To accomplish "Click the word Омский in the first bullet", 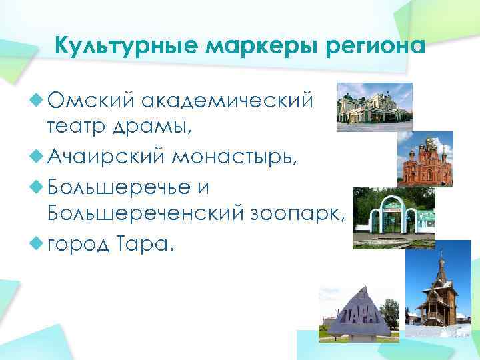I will pyautogui.click(x=89, y=100).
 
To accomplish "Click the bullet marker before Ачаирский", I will pyautogui.click(x=37, y=157).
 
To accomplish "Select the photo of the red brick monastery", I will pyautogui.click(x=425, y=159).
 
